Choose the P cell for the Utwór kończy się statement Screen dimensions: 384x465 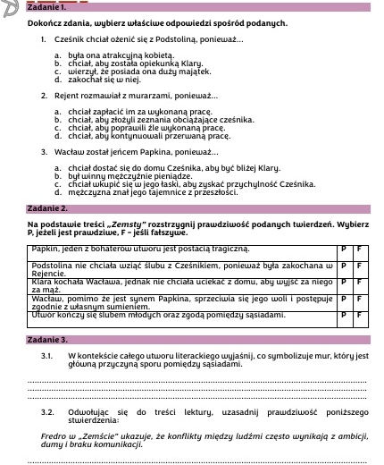344,316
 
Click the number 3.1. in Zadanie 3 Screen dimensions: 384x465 48,357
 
